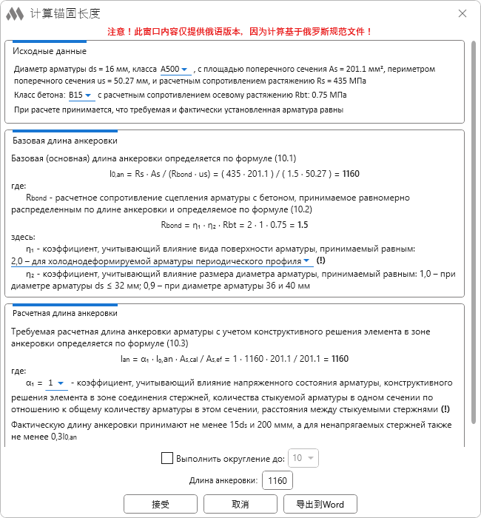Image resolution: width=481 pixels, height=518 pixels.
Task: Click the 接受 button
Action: [x=161, y=504]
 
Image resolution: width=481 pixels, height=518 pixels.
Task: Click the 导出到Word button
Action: [x=320, y=504]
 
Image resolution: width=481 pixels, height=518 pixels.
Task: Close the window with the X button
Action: [x=462, y=14]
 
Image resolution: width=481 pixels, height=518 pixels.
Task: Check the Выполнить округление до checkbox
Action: [x=167, y=458]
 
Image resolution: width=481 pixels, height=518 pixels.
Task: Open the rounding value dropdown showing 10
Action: [x=303, y=458]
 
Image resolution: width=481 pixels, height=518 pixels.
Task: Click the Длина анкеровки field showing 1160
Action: [x=277, y=481]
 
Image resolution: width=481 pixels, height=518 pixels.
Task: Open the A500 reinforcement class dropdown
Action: [x=175, y=69]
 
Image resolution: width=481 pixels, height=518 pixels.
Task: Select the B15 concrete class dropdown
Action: [x=81, y=95]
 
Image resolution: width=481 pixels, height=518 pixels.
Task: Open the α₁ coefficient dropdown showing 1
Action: [x=56, y=383]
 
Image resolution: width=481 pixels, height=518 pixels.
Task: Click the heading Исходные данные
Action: [x=50, y=52]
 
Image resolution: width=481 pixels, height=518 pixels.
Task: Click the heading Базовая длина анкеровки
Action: [x=65, y=141]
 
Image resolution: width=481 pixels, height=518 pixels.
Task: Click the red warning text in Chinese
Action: [x=240, y=32]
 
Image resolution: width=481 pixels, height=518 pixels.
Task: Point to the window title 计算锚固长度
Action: [x=65, y=14]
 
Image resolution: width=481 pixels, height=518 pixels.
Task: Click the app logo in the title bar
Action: [x=16, y=14]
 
